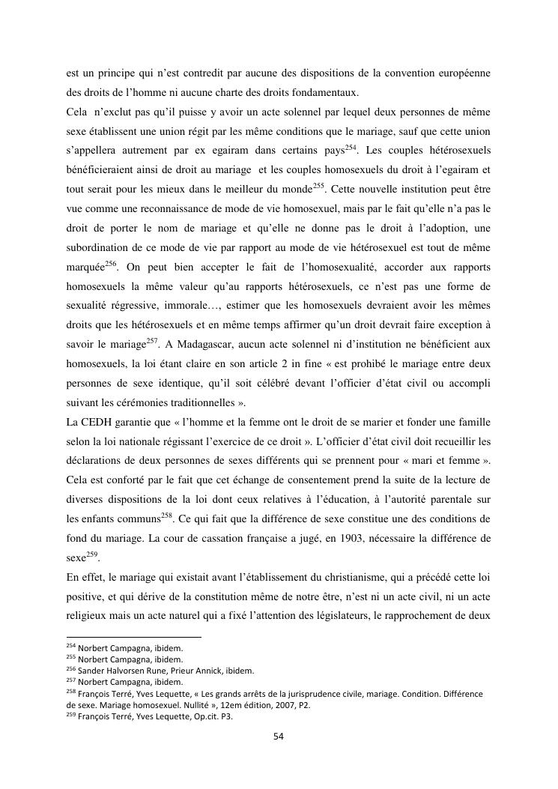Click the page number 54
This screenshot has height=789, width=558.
pyautogui.click(x=279, y=736)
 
